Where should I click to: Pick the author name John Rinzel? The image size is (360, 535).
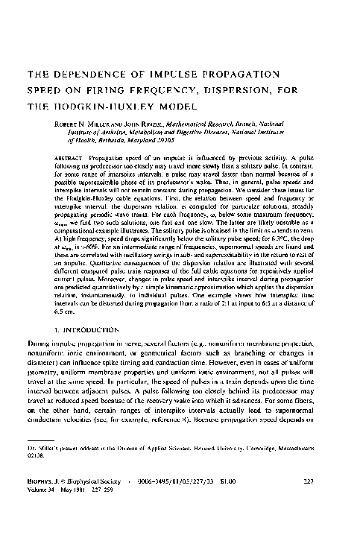tap(143, 122)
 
